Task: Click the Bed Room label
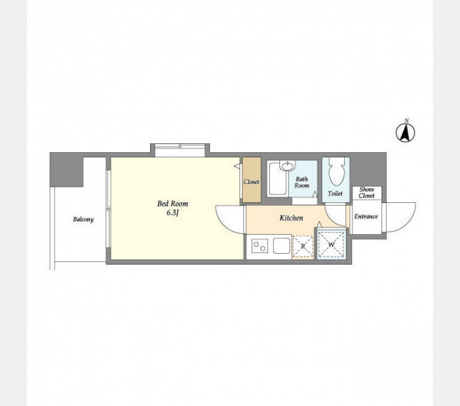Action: (172, 204)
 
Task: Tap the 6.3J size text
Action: (172, 213)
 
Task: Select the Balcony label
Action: (83, 219)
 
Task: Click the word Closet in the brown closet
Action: (252, 182)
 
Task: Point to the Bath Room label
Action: (302, 182)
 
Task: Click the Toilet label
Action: (336, 194)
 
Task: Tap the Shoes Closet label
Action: (367, 192)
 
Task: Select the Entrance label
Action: (366, 217)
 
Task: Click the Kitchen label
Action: (291, 218)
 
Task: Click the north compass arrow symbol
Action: (405, 133)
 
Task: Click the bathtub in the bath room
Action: (277, 179)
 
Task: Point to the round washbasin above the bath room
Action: (287, 166)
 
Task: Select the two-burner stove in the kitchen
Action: (260, 246)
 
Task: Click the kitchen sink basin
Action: (281, 246)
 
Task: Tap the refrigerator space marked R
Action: (303, 247)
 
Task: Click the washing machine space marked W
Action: (331, 245)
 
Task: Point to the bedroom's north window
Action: (180, 150)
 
